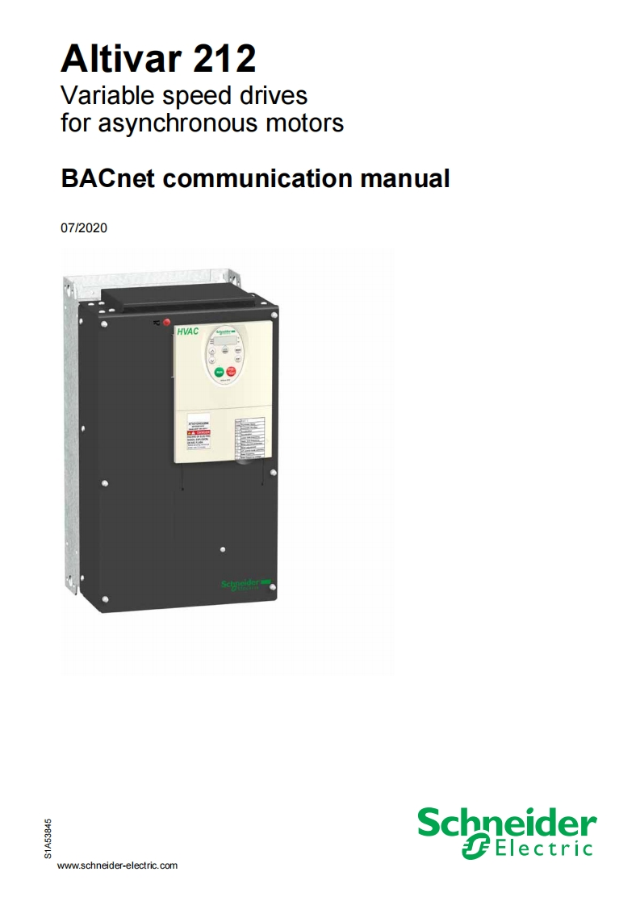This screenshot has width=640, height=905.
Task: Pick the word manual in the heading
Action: point(404,177)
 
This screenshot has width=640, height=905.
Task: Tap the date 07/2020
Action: point(84,228)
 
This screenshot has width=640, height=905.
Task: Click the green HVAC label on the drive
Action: point(188,332)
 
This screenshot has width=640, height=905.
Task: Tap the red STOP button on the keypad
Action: point(232,372)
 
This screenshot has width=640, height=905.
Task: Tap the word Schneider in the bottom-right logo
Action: point(506,824)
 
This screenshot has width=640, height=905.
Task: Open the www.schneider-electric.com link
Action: point(118,865)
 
